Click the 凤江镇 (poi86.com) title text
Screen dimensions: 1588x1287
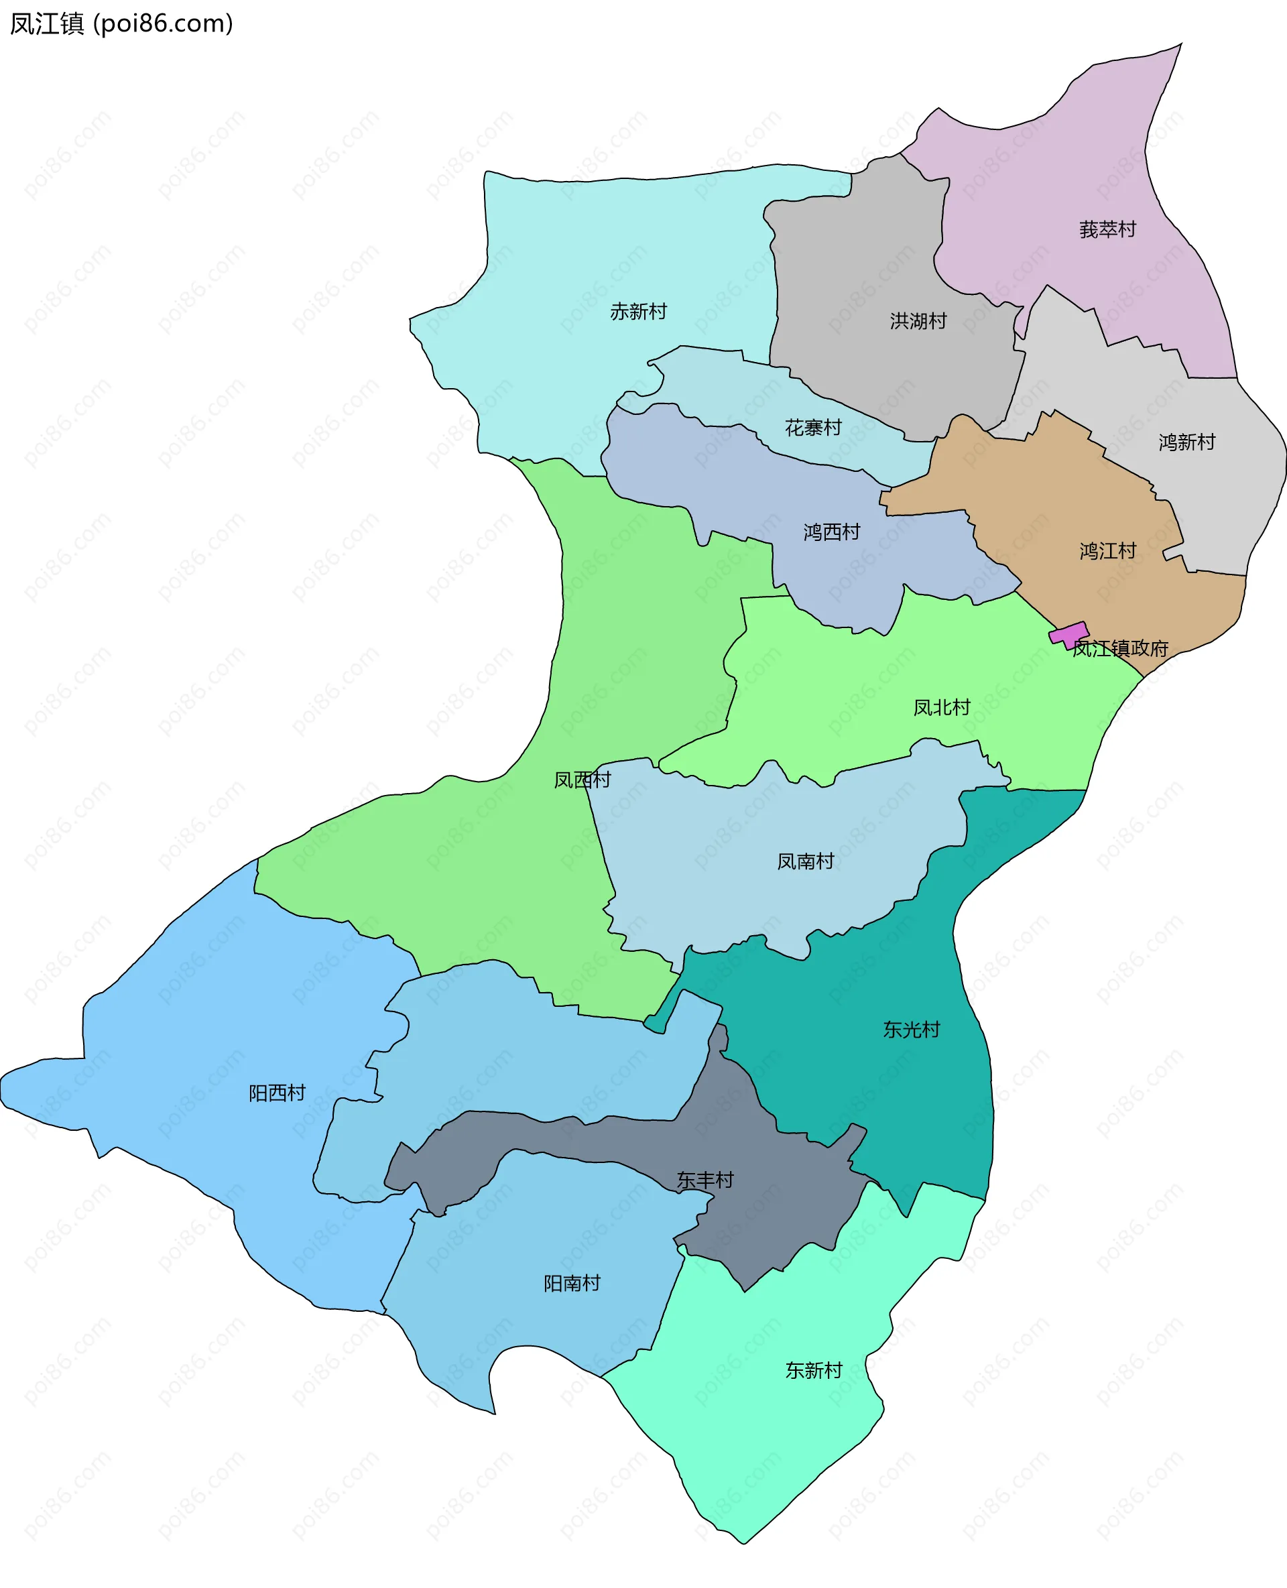click(121, 23)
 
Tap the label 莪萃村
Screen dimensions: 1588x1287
click(1107, 229)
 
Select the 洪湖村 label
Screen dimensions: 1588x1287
click(918, 320)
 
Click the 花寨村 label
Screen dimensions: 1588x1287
click(812, 427)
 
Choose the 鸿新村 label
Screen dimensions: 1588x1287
click(1186, 442)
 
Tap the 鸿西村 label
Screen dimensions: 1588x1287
click(831, 532)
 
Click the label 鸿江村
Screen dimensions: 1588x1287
click(1107, 551)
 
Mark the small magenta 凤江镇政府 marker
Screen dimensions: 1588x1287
click(1068, 634)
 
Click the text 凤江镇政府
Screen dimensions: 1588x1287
click(1119, 649)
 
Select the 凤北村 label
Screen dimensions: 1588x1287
click(941, 707)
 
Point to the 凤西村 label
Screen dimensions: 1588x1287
click(582, 779)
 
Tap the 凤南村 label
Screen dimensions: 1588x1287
click(805, 861)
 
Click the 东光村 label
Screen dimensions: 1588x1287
click(911, 1029)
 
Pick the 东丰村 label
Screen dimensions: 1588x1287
click(704, 1180)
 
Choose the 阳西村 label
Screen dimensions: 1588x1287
click(277, 1093)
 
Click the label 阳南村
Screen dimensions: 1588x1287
click(572, 1282)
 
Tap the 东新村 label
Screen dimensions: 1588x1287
click(813, 1370)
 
